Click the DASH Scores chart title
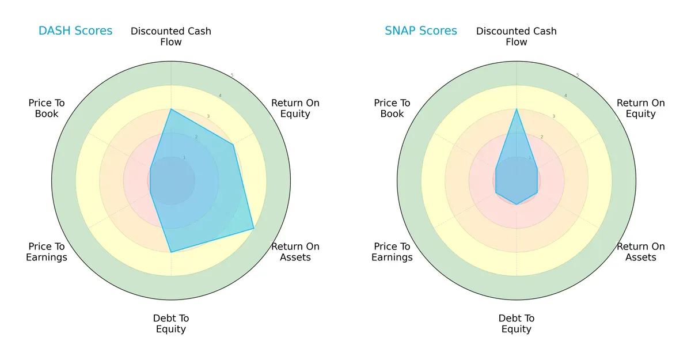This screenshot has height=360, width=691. click(x=75, y=31)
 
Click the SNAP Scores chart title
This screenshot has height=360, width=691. click(x=421, y=31)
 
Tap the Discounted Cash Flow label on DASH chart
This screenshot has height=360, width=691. click(x=171, y=36)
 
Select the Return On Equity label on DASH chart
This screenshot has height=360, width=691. click(x=295, y=108)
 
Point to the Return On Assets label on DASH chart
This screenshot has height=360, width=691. click(x=295, y=252)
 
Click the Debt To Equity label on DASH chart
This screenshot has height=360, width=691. click(x=171, y=324)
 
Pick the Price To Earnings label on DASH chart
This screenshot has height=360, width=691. click(x=47, y=252)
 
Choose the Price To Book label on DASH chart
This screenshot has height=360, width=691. click(x=47, y=108)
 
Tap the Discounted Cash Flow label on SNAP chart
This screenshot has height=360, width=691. click(x=517, y=36)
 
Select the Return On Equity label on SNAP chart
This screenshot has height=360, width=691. click(x=641, y=108)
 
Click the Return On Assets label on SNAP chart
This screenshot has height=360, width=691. click(x=641, y=252)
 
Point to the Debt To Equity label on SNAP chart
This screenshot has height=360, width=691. click(x=517, y=324)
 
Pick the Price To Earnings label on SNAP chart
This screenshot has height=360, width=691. click(x=392, y=252)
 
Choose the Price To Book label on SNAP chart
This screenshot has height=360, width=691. click(x=392, y=108)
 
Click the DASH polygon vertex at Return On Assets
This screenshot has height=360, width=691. click(x=254, y=229)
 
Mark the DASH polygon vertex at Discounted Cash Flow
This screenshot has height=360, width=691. click(x=171, y=109)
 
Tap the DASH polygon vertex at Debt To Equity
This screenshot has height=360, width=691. click(x=171, y=252)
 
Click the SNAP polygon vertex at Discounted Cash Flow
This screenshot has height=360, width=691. click(x=517, y=109)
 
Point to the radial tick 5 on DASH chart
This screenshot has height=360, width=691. click(x=232, y=75)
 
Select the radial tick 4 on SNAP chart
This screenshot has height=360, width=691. click(x=565, y=96)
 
